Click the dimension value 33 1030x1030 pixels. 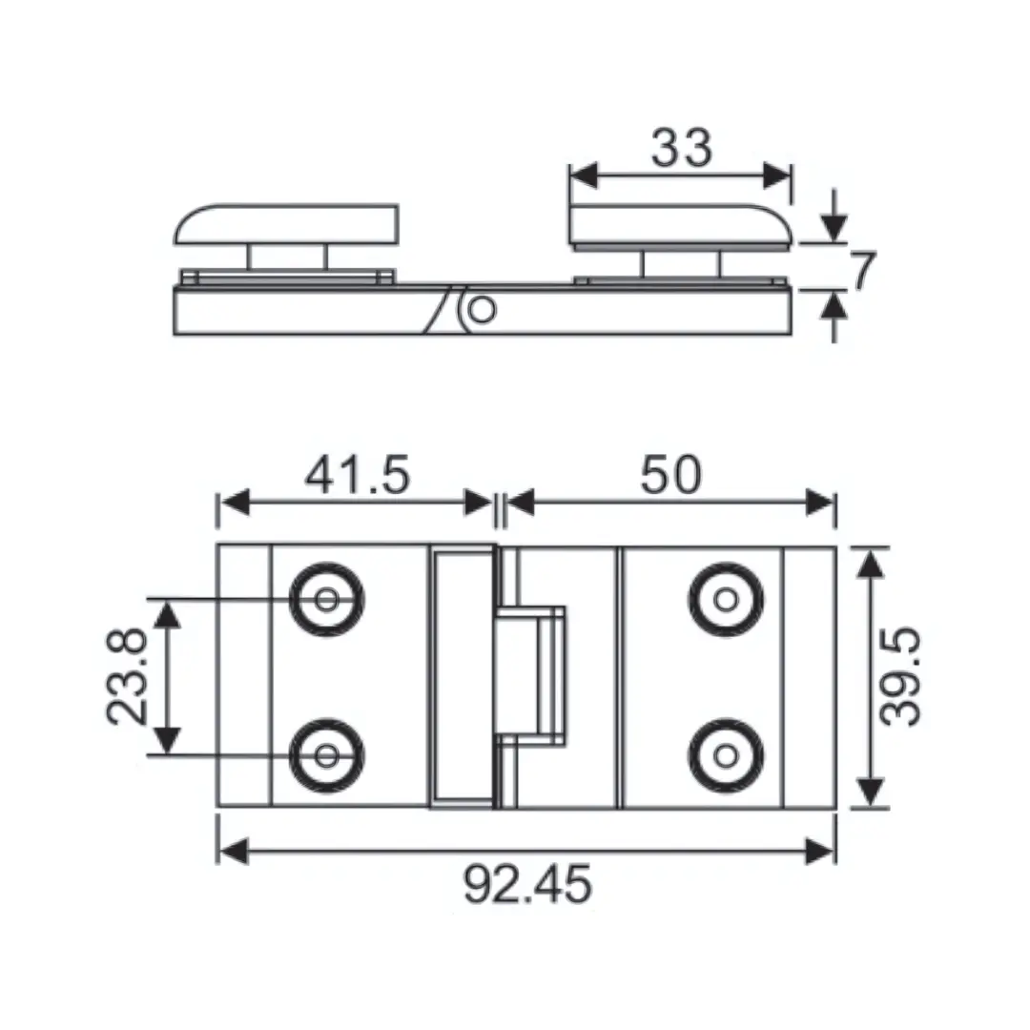pyautogui.click(x=681, y=149)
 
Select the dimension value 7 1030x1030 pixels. pyautogui.click(x=862, y=272)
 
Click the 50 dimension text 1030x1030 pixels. pyautogui.click(x=670, y=475)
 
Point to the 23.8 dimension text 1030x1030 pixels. pyautogui.click(x=128, y=676)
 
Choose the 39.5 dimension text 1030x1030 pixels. pyautogui.click(x=900, y=676)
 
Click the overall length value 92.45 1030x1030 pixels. pyautogui.click(x=527, y=885)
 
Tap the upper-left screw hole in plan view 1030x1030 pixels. pyautogui.click(x=327, y=600)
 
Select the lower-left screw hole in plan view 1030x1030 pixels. pyautogui.click(x=327, y=755)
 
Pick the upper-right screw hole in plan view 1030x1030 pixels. pyautogui.click(x=726, y=600)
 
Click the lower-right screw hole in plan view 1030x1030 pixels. pyautogui.click(x=726, y=755)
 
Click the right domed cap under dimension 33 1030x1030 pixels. pyautogui.click(x=679, y=225)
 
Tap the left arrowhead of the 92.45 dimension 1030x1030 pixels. pyautogui.click(x=232, y=850)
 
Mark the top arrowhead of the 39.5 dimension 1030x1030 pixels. pyautogui.click(x=868, y=564)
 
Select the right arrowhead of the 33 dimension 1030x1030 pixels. pyautogui.click(x=778, y=175)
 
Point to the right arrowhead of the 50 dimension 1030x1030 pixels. pyautogui.click(x=821, y=503)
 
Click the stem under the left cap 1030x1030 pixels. pyautogui.click(x=287, y=257)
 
